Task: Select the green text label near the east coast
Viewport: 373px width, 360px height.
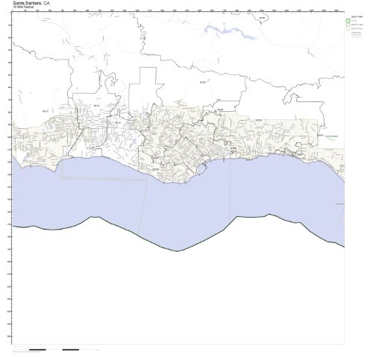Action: point(330,138)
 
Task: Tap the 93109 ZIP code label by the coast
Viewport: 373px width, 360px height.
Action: point(155,168)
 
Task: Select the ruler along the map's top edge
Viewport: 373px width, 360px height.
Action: point(179,12)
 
